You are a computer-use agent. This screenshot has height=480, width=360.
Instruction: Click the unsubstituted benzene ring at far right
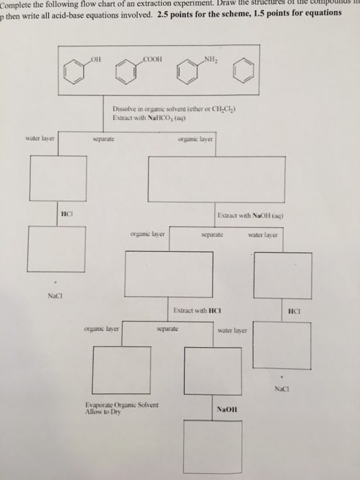[x=248, y=73]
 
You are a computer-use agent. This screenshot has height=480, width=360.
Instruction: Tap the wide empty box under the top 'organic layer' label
[x=217, y=181]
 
